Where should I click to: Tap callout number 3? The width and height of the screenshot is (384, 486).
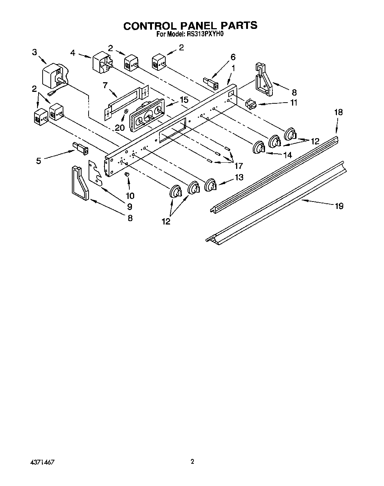tap(34, 52)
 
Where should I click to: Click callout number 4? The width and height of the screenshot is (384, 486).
tap(73, 53)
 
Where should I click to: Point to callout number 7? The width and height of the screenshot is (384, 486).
tap(105, 85)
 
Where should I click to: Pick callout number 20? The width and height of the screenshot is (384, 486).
tap(120, 127)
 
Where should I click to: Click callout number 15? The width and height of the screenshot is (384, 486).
tap(184, 100)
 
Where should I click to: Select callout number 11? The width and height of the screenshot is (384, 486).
tap(294, 103)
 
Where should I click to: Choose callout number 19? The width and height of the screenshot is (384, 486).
tap(339, 206)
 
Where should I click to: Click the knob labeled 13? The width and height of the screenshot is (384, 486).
tap(211, 184)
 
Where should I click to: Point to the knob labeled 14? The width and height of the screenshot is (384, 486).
tap(259, 148)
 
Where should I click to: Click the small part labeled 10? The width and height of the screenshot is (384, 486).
tap(128, 174)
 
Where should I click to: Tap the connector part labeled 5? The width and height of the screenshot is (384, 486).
tap(81, 149)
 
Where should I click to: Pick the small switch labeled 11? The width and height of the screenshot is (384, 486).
tap(251, 104)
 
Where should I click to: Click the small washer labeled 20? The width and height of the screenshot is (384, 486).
tap(126, 111)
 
